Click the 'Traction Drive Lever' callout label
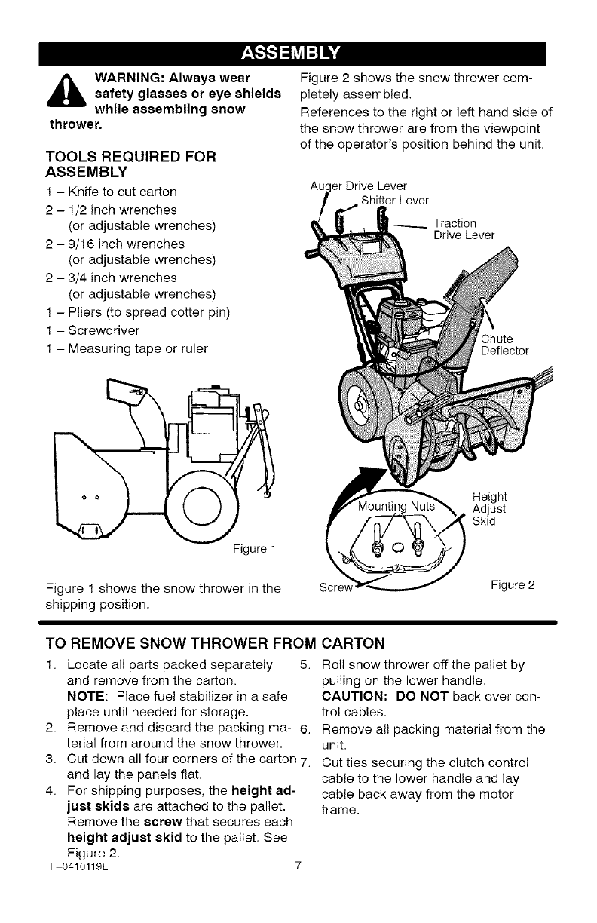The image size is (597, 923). (x=464, y=228)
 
